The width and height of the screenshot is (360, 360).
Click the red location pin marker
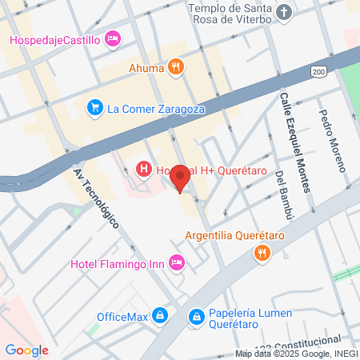181,177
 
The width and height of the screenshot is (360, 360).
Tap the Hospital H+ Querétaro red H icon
144,169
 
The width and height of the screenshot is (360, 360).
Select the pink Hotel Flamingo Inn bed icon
178,262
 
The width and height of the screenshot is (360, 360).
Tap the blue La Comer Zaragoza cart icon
94,106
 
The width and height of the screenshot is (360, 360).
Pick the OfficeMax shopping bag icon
161,315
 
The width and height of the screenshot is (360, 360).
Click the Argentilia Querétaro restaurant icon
261,254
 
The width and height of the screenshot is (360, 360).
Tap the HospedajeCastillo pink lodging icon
113,38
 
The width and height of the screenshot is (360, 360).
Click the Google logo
26,350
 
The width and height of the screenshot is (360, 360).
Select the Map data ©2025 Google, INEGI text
295,354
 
